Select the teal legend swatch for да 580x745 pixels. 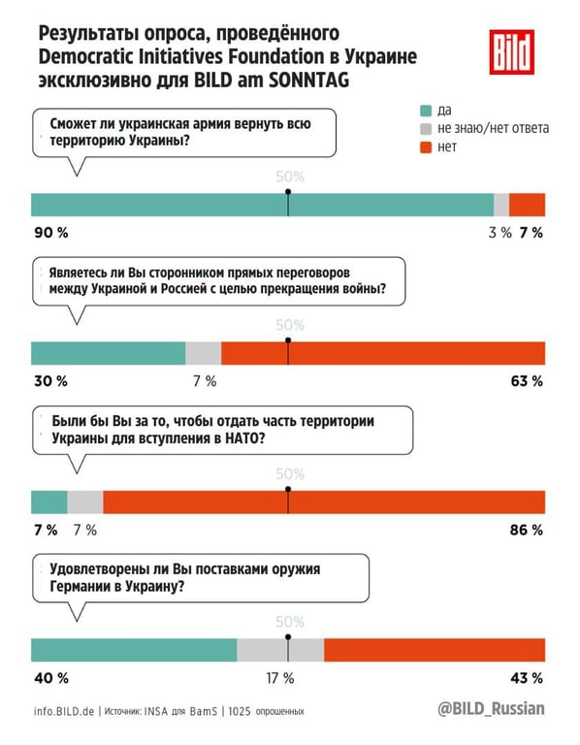pos(425,110)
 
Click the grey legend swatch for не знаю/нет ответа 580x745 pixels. pos(425,128)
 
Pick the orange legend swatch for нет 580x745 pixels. pos(425,147)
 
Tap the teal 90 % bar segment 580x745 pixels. pos(262,205)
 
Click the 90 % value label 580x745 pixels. pos(50,233)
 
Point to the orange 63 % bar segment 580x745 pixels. pos(383,353)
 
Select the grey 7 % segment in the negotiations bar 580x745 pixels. pos(204,353)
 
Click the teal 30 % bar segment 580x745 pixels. pos(109,353)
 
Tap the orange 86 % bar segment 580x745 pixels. pos(324,502)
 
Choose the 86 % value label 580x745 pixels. pos(526,530)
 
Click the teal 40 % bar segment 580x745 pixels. pos(135,650)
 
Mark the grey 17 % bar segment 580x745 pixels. pos(280,650)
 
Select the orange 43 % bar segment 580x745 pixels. pos(435,650)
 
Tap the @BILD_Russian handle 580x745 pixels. pos(492,709)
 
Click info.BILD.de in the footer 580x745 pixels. pos(63,711)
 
